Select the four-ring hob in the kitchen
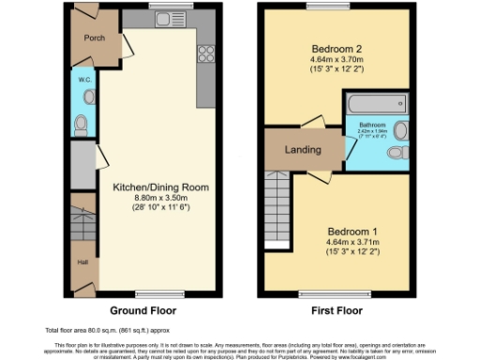click(204, 53)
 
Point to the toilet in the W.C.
click(81, 122)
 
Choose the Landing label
click(303, 150)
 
